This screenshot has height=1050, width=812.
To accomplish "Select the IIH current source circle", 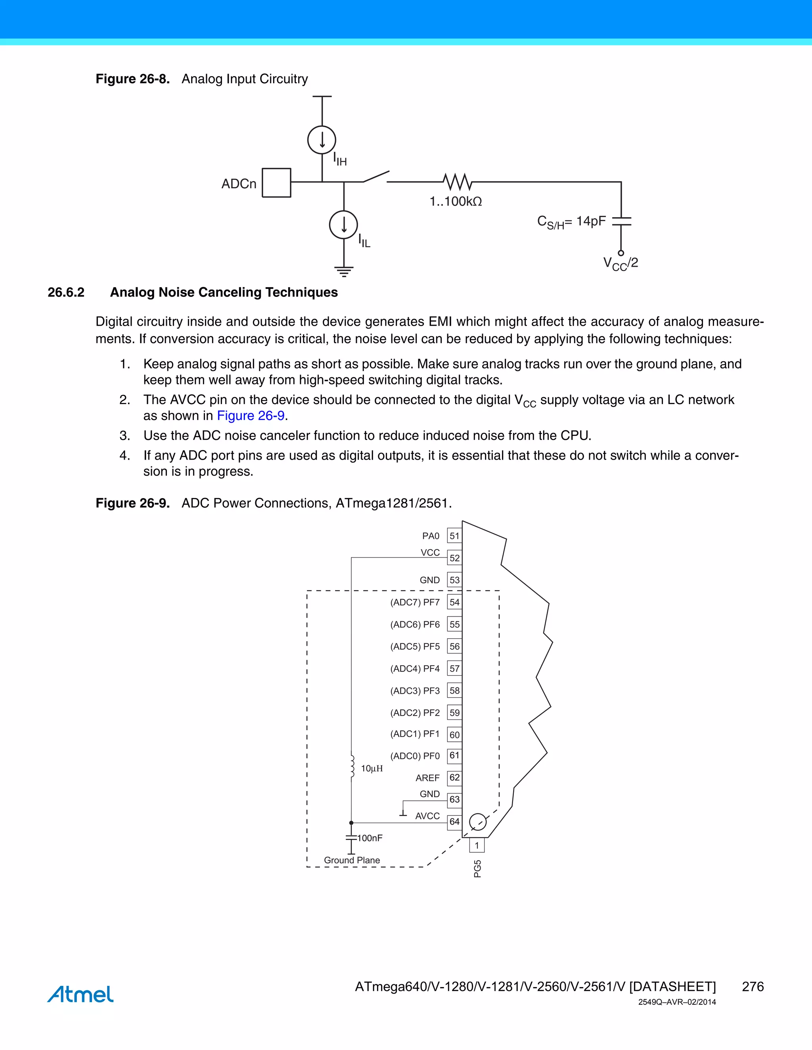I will tap(322, 140).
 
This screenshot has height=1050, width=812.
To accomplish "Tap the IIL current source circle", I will tap(343, 225).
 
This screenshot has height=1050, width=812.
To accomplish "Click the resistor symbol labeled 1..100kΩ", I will tap(458, 182).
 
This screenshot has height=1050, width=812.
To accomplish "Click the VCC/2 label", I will tap(620, 263).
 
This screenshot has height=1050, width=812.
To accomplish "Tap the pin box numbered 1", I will tap(477, 845).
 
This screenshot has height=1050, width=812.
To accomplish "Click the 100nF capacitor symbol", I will tap(351, 838).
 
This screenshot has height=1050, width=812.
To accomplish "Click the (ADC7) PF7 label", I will tap(415, 602).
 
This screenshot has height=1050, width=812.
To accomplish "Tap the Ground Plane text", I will tap(352, 860).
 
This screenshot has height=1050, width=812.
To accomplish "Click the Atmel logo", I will tap(80, 994).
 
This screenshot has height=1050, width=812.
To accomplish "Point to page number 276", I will tap(753, 987).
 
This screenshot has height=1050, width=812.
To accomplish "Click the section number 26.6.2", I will tap(66, 292).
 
